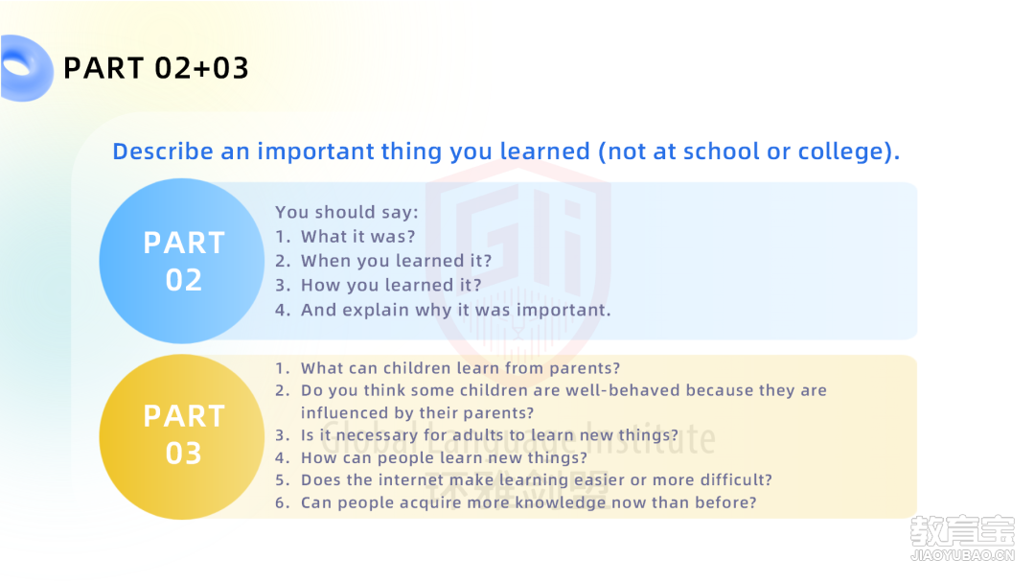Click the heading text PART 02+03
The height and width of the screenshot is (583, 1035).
click(x=156, y=68)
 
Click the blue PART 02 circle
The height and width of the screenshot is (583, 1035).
click(x=182, y=261)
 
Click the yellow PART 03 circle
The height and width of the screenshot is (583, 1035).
click(x=182, y=436)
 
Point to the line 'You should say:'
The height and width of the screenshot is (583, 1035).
click(x=347, y=212)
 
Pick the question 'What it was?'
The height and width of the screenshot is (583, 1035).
click(x=357, y=237)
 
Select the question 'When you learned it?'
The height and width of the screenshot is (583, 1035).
click(x=396, y=261)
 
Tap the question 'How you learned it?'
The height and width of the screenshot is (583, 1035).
click(x=391, y=285)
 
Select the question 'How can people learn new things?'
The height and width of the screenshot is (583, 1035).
click(x=444, y=457)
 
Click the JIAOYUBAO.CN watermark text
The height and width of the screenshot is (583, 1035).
click(x=962, y=555)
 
